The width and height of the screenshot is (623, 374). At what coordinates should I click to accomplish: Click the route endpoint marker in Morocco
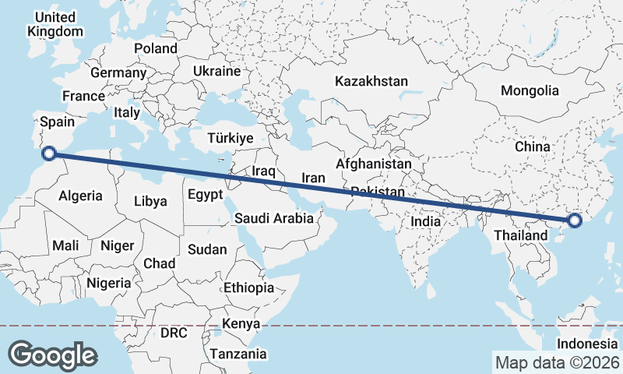(x=48, y=153)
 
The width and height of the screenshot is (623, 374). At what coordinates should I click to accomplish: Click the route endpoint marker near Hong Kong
(x=575, y=221)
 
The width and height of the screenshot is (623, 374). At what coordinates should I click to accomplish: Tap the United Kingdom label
(x=55, y=24)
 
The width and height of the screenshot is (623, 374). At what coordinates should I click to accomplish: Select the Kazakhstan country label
(x=371, y=81)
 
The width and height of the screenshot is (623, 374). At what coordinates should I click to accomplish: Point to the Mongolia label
(x=530, y=90)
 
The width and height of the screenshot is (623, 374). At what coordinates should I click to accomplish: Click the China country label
(x=533, y=146)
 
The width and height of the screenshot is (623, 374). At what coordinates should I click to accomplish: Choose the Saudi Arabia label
(x=274, y=219)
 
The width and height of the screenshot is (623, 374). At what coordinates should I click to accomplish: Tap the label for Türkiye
(x=231, y=138)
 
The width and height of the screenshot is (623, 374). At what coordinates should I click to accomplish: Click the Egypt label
(x=206, y=194)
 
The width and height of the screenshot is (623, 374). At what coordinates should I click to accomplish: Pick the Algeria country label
(x=80, y=195)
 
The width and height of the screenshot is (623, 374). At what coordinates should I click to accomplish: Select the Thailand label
(x=520, y=235)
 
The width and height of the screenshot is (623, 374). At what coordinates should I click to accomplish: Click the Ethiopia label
(x=248, y=288)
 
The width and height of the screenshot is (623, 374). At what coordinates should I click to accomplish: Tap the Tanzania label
(x=238, y=354)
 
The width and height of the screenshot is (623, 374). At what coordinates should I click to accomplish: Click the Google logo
(x=52, y=355)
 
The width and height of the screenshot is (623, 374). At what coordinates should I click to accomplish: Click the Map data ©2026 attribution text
(x=558, y=362)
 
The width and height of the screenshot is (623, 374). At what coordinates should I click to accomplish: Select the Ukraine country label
(x=216, y=71)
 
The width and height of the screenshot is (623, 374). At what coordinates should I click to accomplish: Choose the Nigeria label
(x=108, y=283)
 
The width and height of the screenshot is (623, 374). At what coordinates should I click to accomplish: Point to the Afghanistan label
(x=373, y=164)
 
